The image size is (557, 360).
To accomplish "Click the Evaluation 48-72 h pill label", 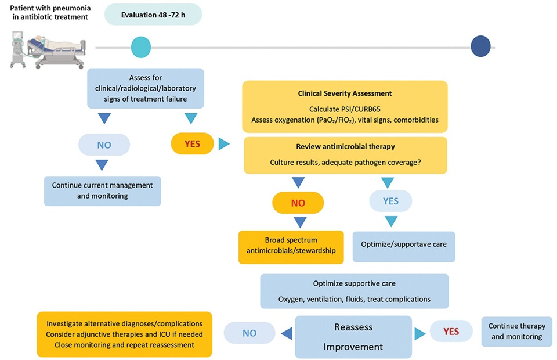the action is point(153,15).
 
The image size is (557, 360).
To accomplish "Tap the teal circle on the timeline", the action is point(141,47).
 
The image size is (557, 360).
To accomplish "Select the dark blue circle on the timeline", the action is point(480,46).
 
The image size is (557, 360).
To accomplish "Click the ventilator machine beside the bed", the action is point(18,49).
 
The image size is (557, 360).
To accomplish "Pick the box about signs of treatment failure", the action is point(146,88).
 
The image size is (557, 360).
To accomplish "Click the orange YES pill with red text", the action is point(192,143).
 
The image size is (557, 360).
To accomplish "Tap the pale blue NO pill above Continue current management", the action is point(104,145).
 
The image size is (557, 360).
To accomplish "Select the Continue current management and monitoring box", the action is point(102,190).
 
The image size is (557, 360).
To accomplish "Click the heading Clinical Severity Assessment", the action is point(345,93).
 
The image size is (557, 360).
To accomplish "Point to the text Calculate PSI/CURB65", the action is point(345,109).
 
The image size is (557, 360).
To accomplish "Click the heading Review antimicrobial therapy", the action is point(345,146).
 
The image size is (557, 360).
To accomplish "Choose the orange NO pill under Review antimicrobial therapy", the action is point(298,203).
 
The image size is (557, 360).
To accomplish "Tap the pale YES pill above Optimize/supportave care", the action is point(390,201).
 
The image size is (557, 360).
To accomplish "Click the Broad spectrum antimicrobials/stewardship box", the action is point(291,247).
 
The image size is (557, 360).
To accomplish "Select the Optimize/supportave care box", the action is point(404,246).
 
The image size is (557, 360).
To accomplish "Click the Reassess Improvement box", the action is point(353,337).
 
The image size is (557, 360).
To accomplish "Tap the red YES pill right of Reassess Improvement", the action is point(451,331).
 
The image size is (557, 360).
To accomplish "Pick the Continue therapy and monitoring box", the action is point(517,331).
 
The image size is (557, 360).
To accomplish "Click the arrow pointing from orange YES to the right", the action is point(224,143).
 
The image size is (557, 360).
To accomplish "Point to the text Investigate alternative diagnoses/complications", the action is point(124,324).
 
